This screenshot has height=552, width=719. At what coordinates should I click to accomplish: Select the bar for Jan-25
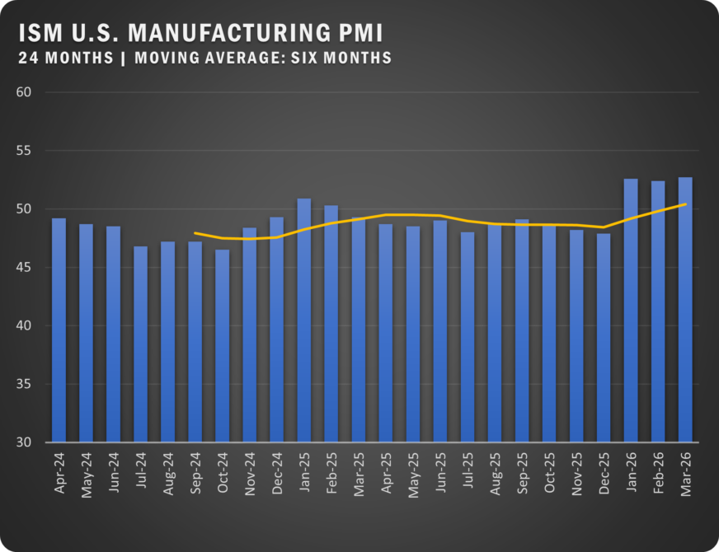point(304,320)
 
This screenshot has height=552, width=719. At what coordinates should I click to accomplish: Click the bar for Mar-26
point(685,310)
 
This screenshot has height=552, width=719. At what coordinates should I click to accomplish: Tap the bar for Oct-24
point(223,346)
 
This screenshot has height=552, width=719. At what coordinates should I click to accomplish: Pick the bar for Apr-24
point(59,330)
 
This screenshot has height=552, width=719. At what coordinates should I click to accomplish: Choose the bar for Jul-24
point(141,344)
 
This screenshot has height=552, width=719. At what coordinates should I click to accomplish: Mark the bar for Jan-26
point(631,310)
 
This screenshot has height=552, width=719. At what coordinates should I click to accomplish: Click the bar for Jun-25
point(440,331)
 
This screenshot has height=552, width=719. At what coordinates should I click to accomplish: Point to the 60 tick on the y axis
point(24,92)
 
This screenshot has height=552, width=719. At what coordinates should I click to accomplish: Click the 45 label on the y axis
point(24,267)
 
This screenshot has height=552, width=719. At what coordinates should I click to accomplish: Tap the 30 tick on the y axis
point(24,442)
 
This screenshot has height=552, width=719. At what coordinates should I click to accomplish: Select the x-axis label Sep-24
point(195,473)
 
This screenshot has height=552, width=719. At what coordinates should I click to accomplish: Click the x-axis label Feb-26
point(659,473)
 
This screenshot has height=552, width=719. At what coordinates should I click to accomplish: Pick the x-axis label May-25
point(414,475)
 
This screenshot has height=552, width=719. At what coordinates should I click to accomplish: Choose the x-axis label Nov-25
point(577,474)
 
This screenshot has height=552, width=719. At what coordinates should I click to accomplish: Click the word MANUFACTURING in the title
point(229,33)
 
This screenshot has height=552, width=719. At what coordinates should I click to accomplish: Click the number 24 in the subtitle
point(28,58)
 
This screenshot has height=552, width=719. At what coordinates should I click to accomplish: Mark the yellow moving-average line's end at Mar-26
point(686,203)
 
